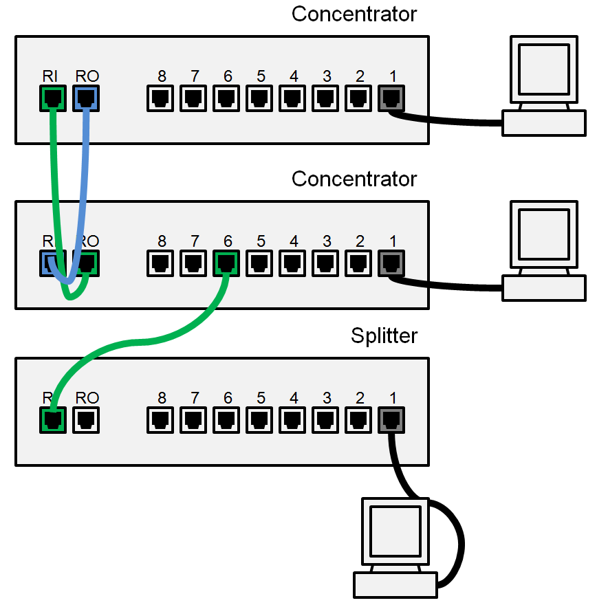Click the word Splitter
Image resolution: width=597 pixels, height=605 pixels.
(384, 336)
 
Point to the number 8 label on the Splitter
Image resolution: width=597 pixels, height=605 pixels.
(162, 398)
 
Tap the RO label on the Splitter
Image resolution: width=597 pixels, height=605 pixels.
(87, 398)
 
